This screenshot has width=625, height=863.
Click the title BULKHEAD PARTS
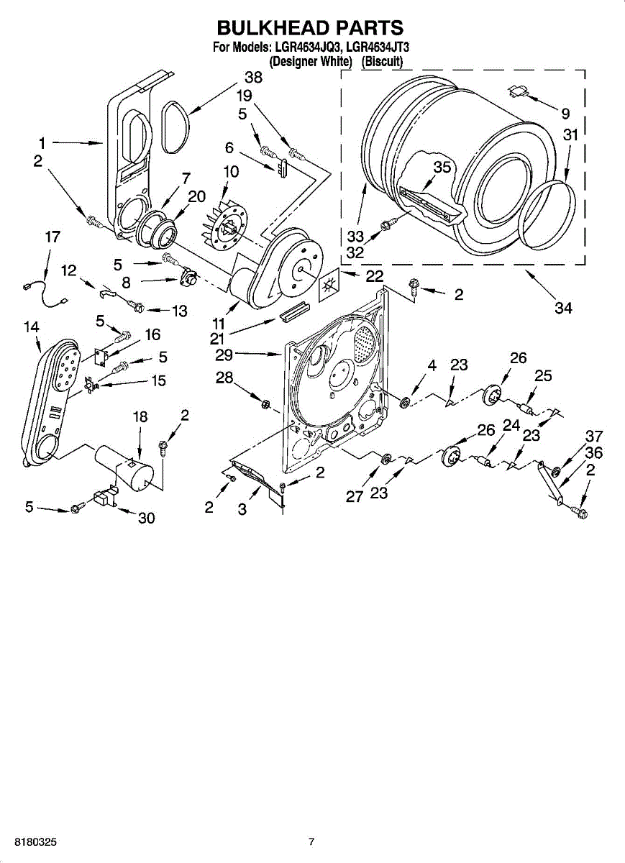pyautogui.click(x=310, y=28)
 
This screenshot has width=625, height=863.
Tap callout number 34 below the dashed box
pyautogui.click(x=563, y=308)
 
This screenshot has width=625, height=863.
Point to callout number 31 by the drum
pyautogui.click(x=570, y=134)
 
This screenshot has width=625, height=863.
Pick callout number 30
pyautogui.click(x=146, y=518)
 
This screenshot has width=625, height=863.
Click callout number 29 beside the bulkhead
pyautogui.click(x=224, y=354)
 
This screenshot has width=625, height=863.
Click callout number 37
pyautogui.click(x=593, y=436)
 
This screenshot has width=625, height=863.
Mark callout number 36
pyautogui.click(x=593, y=453)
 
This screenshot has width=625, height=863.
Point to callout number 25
pyautogui.click(x=543, y=375)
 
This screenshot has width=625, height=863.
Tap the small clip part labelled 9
pyautogui.click(x=519, y=91)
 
